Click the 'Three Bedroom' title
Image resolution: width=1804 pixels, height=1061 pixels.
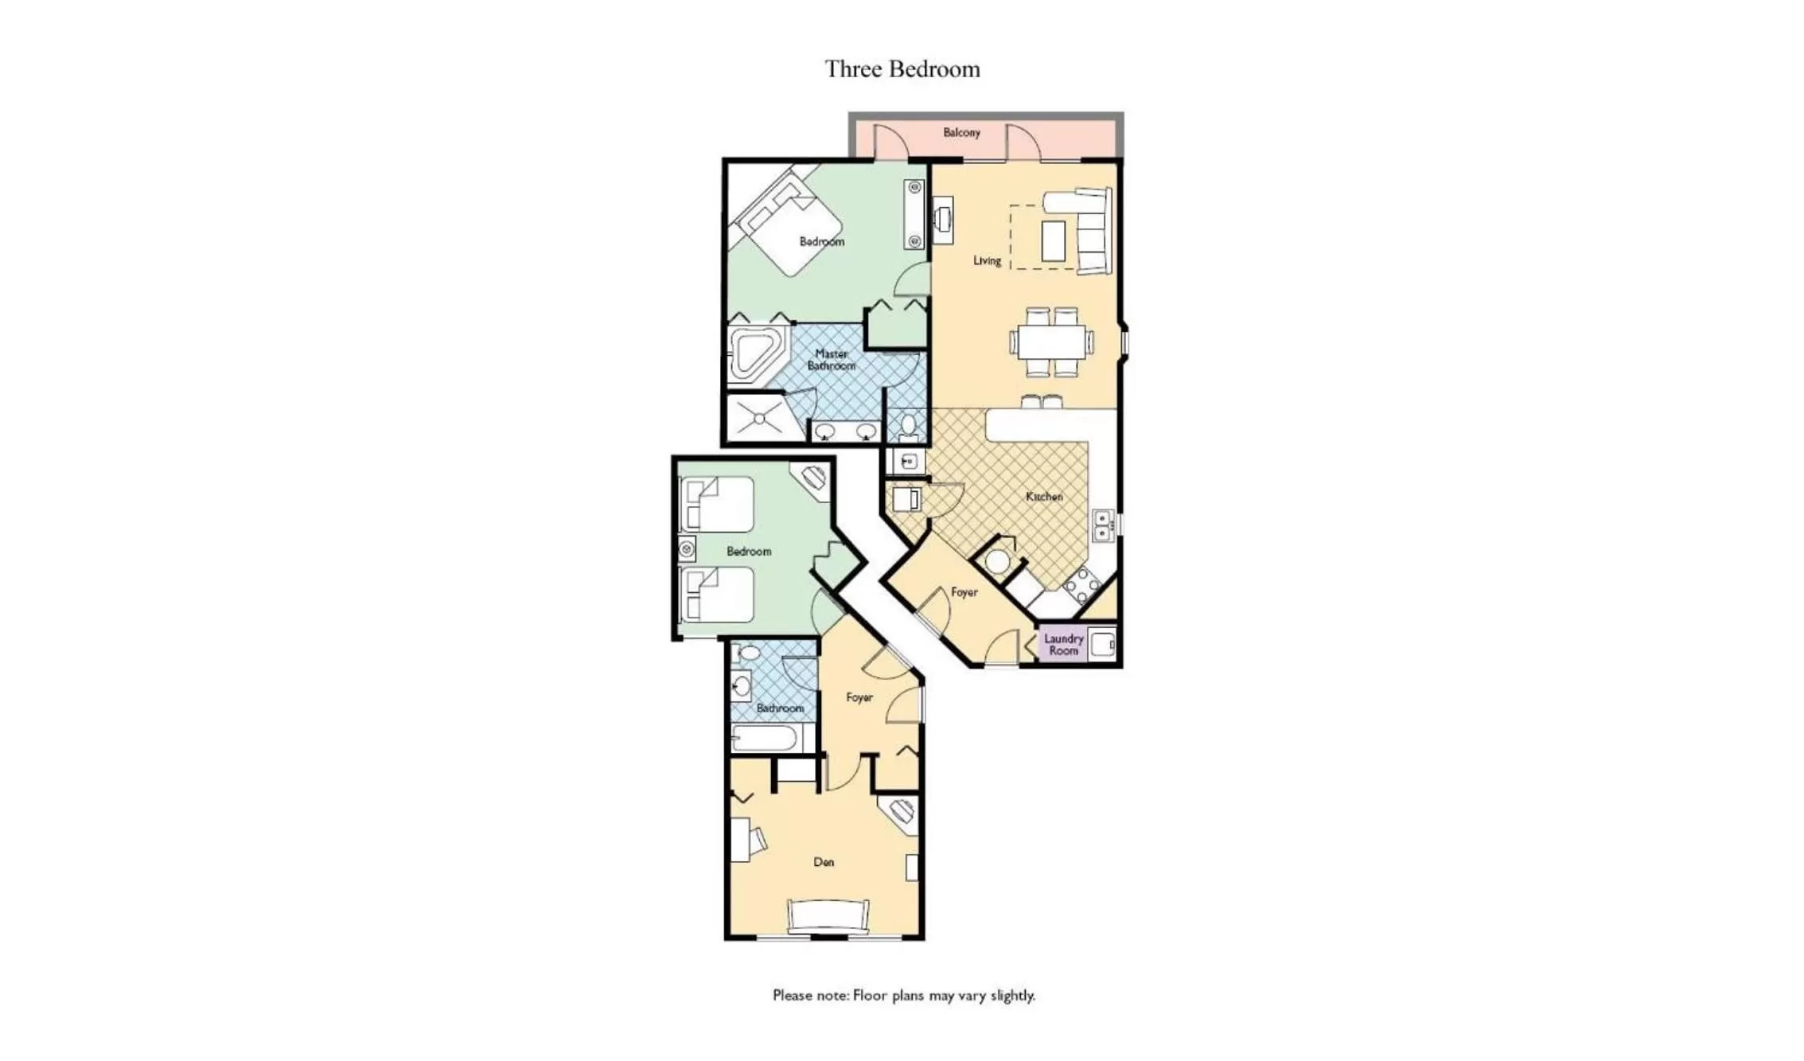click(902, 69)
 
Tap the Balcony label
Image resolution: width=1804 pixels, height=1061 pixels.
click(961, 132)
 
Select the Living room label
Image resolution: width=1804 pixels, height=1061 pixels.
click(987, 260)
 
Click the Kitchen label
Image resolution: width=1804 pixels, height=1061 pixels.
click(1044, 497)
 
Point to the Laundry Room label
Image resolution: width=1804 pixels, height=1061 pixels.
click(1063, 644)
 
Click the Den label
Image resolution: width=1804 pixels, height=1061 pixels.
click(824, 862)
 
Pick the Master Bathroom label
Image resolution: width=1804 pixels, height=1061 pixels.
click(831, 360)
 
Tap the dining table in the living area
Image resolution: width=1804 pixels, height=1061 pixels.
click(1051, 342)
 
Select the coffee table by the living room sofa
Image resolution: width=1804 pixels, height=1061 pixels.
click(1053, 240)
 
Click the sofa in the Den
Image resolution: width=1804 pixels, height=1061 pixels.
click(828, 915)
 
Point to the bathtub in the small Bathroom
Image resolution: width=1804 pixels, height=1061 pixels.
click(765, 738)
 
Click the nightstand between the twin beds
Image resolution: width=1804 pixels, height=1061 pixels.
click(687, 548)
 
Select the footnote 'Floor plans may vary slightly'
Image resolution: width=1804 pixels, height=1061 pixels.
click(903, 995)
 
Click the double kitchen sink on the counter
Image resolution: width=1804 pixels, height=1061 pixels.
click(1102, 526)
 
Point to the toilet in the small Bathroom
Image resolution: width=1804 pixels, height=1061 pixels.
click(749, 653)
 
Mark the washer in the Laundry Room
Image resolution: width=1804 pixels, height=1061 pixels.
click(1102, 643)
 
